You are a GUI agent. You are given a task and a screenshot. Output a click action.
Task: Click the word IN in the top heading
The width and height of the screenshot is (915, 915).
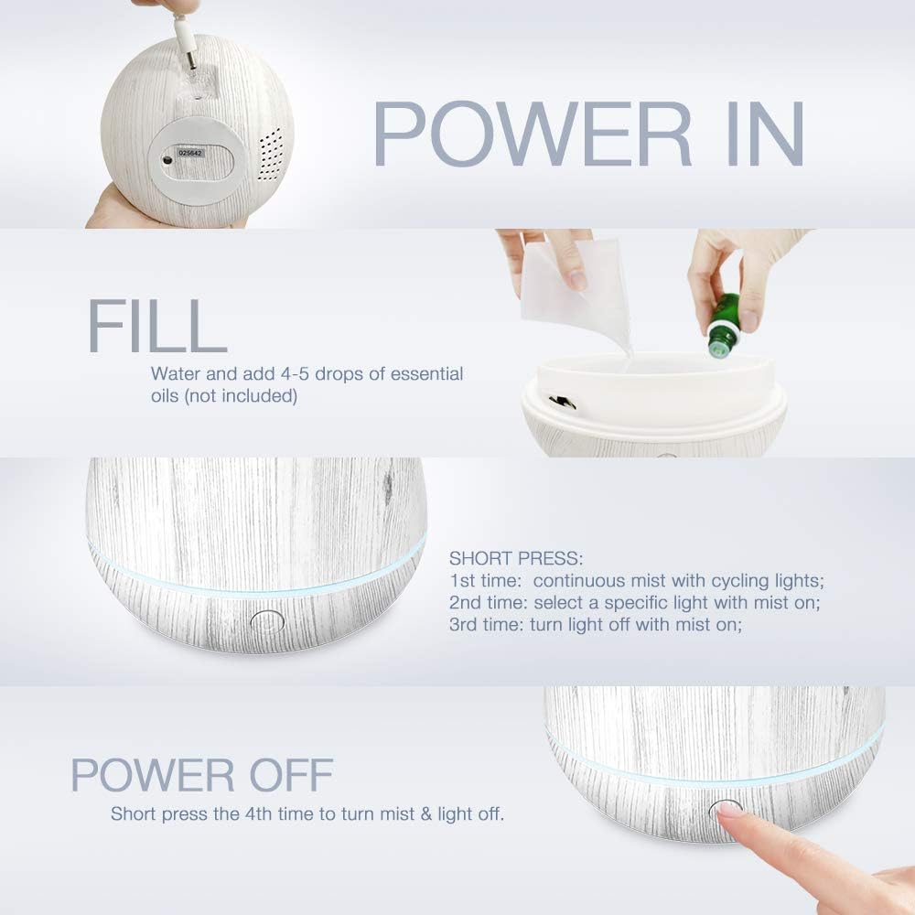tap(759, 134)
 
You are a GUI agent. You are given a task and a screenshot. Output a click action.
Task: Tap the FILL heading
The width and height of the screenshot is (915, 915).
tap(156, 325)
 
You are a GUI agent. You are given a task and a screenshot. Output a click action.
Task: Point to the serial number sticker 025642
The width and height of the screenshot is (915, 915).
tap(193, 154)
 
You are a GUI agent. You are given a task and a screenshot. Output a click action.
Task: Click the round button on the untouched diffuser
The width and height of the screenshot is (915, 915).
tap(266, 622)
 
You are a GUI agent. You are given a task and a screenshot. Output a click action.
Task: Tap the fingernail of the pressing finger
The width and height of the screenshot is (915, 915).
tap(729, 809)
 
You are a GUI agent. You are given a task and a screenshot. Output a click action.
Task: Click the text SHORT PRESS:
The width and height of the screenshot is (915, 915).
tap(516, 558)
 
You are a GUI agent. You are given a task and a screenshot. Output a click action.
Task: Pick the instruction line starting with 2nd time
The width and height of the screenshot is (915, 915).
tap(621, 603)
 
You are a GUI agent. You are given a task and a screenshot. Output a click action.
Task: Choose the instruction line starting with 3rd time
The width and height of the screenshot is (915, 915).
tap(595, 626)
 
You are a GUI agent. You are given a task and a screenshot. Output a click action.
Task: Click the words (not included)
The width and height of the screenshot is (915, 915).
tap(224, 396)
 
